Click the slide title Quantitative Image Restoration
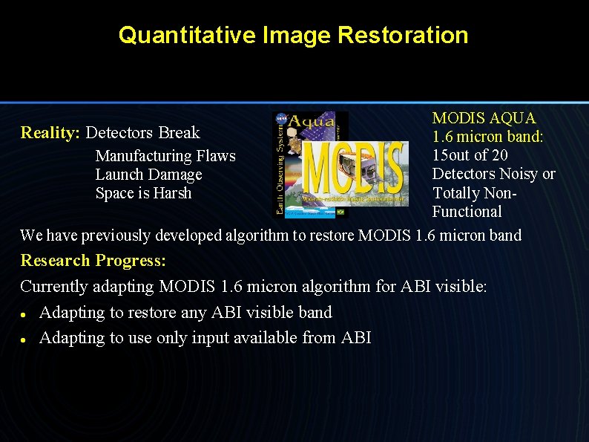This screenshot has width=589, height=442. tap(293, 35)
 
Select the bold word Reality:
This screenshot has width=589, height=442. tap(50, 133)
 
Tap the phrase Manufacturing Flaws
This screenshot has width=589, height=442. tap(165, 156)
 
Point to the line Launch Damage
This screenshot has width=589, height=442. tap(148, 175)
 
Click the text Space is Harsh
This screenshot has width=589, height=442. tap(143, 193)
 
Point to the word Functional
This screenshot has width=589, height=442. tap(467, 212)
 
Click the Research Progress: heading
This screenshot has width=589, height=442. tap(93, 261)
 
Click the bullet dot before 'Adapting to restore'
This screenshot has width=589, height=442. tap(24, 313)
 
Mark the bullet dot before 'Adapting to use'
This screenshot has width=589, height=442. tap(24, 339)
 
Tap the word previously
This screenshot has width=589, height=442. tap(115, 235)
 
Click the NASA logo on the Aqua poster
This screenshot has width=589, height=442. tap(282, 117)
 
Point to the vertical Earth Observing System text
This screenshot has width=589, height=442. tap(279, 171)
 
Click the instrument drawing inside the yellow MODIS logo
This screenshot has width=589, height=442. tap(382, 167)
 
